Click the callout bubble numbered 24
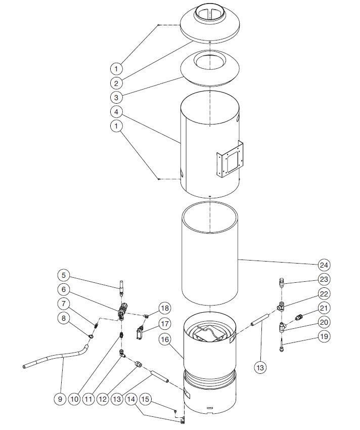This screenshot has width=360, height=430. pos(324,265)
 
